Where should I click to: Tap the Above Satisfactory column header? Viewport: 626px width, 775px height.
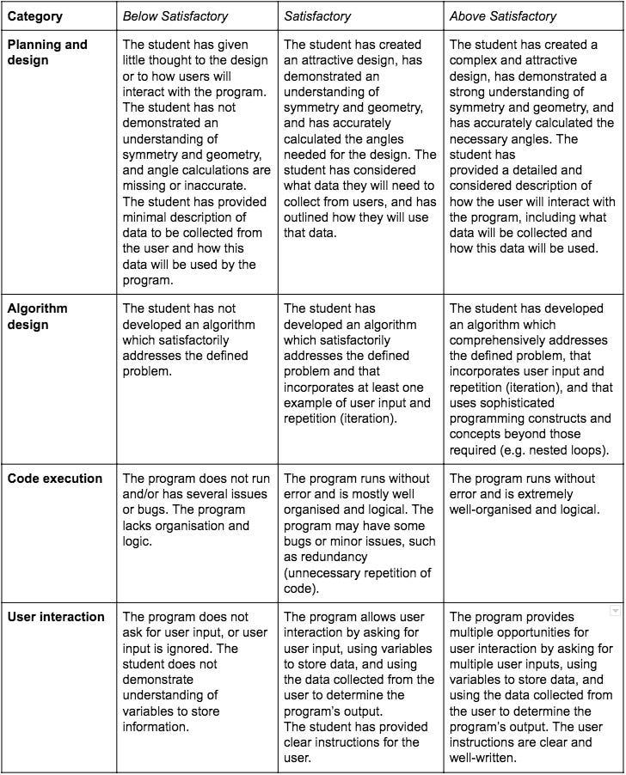pyautogui.click(x=502, y=15)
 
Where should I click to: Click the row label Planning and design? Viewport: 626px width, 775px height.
pyautogui.click(x=47, y=52)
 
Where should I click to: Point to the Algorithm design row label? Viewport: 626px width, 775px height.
pyautogui.click(x=38, y=316)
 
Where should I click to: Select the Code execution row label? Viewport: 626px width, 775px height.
pyautogui.click(x=55, y=479)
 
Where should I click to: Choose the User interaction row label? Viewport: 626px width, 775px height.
pyautogui.click(x=56, y=616)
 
